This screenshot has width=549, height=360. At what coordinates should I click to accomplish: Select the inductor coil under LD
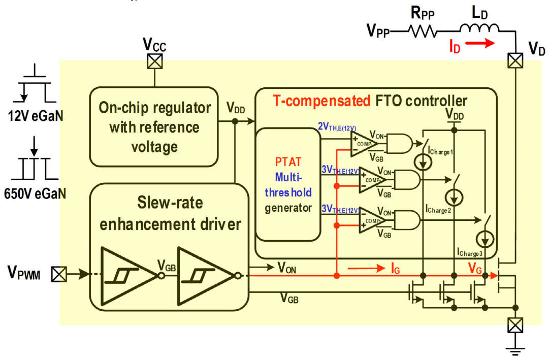(479, 28)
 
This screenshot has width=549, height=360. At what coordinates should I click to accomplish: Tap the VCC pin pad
(154, 61)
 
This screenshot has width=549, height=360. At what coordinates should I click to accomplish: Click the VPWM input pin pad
(59, 274)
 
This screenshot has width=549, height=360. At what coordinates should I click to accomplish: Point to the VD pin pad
(515, 60)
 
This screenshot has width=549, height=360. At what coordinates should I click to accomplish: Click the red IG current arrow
(367, 269)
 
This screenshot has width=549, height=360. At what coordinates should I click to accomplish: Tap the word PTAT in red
(288, 162)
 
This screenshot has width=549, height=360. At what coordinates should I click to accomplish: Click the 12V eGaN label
(36, 116)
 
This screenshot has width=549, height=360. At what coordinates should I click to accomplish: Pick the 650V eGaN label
(35, 193)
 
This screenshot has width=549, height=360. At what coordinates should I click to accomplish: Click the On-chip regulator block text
(154, 127)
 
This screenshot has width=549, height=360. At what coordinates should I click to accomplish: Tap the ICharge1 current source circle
(423, 162)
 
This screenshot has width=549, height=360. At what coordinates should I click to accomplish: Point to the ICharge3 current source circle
(485, 240)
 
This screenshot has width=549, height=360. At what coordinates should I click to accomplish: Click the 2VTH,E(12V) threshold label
(337, 127)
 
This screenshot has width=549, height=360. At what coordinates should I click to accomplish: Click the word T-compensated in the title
(321, 101)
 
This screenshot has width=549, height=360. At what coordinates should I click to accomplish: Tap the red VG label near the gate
(475, 269)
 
